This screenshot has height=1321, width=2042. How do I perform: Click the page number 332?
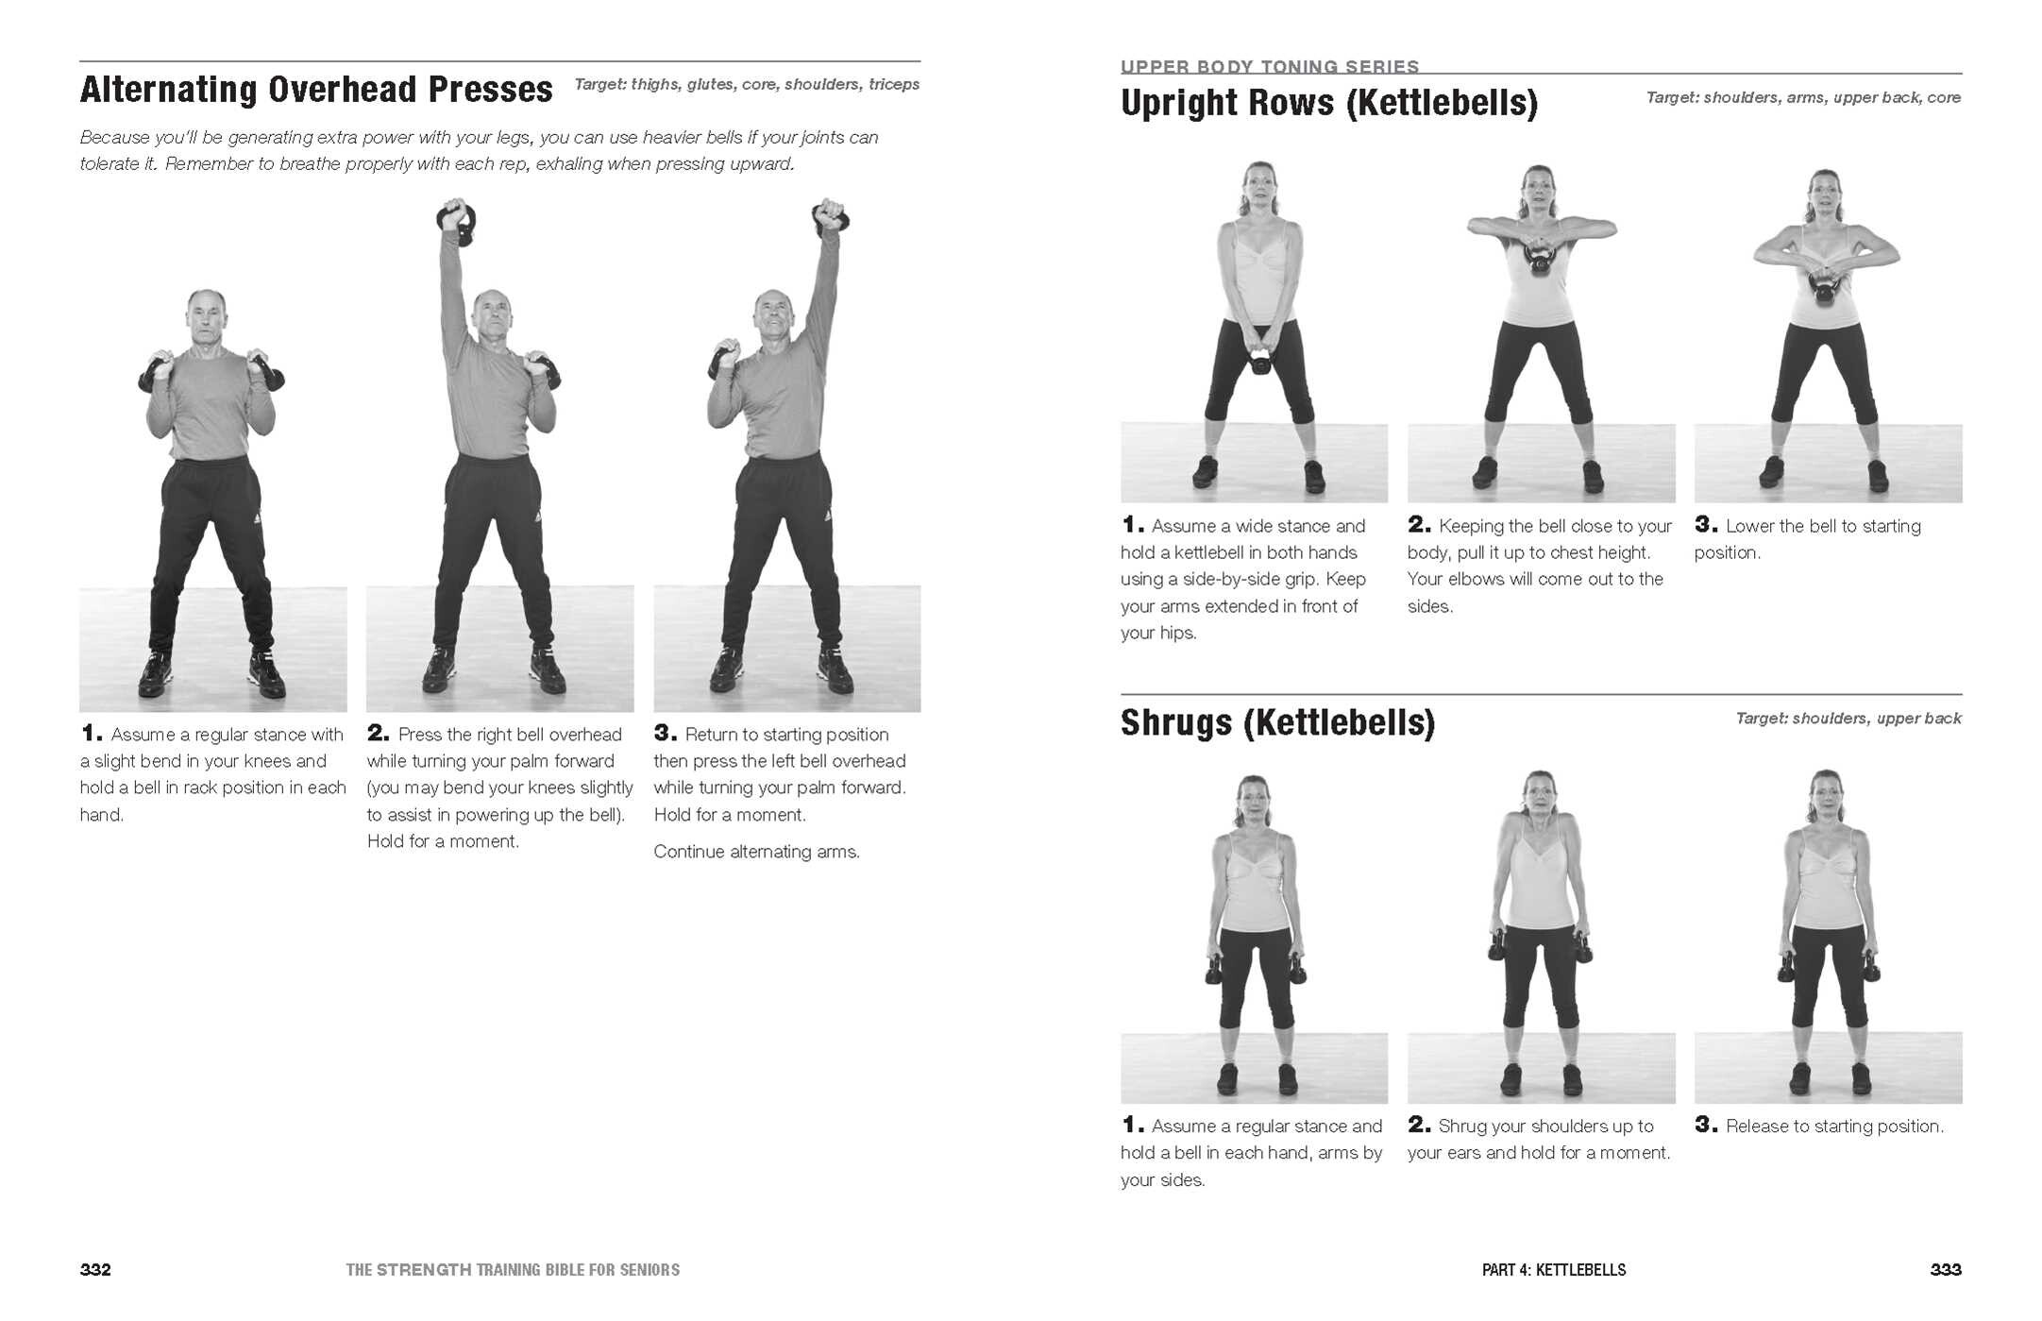[95, 1270]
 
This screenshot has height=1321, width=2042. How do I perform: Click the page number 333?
[1945, 1270]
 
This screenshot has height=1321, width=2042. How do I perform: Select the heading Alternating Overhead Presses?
[316, 90]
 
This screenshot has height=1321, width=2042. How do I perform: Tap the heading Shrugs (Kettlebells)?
[1277, 722]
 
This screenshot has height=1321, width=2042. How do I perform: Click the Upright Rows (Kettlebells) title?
[1328, 103]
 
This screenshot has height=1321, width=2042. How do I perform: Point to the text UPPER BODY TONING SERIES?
[1269, 66]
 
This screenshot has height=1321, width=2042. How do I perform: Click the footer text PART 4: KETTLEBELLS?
[1553, 1270]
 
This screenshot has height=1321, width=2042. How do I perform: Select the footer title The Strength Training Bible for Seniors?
[513, 1270]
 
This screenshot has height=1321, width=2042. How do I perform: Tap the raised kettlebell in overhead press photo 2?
[457, 223]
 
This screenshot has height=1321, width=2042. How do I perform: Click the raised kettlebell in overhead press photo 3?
[831, 216]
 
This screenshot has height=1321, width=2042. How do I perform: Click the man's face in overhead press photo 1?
[206, 318]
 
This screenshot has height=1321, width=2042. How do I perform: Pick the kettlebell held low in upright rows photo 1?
[1260, 361]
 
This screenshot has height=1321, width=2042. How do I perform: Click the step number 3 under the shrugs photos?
[1705, 1125]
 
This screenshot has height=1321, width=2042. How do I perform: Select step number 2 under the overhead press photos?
[378, 734]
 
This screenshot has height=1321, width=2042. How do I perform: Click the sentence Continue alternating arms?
[756, 852]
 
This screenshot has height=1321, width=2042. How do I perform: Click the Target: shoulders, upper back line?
[1848, 719]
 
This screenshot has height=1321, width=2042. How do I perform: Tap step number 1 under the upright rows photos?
[1132, 525]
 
